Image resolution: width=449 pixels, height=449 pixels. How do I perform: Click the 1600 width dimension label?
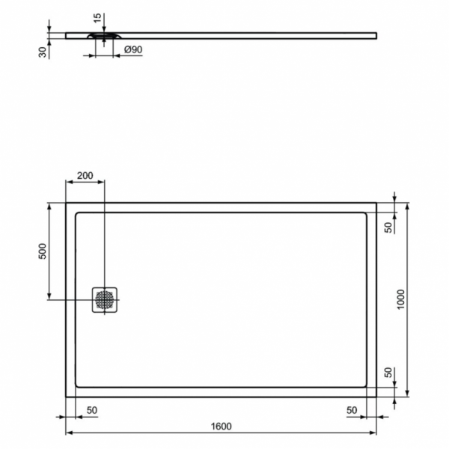221,427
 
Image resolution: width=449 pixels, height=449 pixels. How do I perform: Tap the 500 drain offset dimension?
43,251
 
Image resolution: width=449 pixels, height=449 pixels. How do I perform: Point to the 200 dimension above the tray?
85,176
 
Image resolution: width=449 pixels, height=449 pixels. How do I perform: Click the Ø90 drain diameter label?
132,50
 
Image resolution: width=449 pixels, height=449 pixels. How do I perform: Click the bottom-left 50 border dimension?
92,410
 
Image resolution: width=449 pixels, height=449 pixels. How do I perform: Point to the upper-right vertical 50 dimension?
388,227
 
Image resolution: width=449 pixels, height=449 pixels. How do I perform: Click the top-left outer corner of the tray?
66,203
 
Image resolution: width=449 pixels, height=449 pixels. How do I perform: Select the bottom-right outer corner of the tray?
376,397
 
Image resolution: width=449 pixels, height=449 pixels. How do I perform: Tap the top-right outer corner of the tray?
376,203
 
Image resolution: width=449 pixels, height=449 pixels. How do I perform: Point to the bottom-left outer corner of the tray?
66,397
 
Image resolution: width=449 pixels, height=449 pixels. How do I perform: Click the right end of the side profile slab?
376,34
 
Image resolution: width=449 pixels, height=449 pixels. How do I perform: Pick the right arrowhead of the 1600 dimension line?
373,433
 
